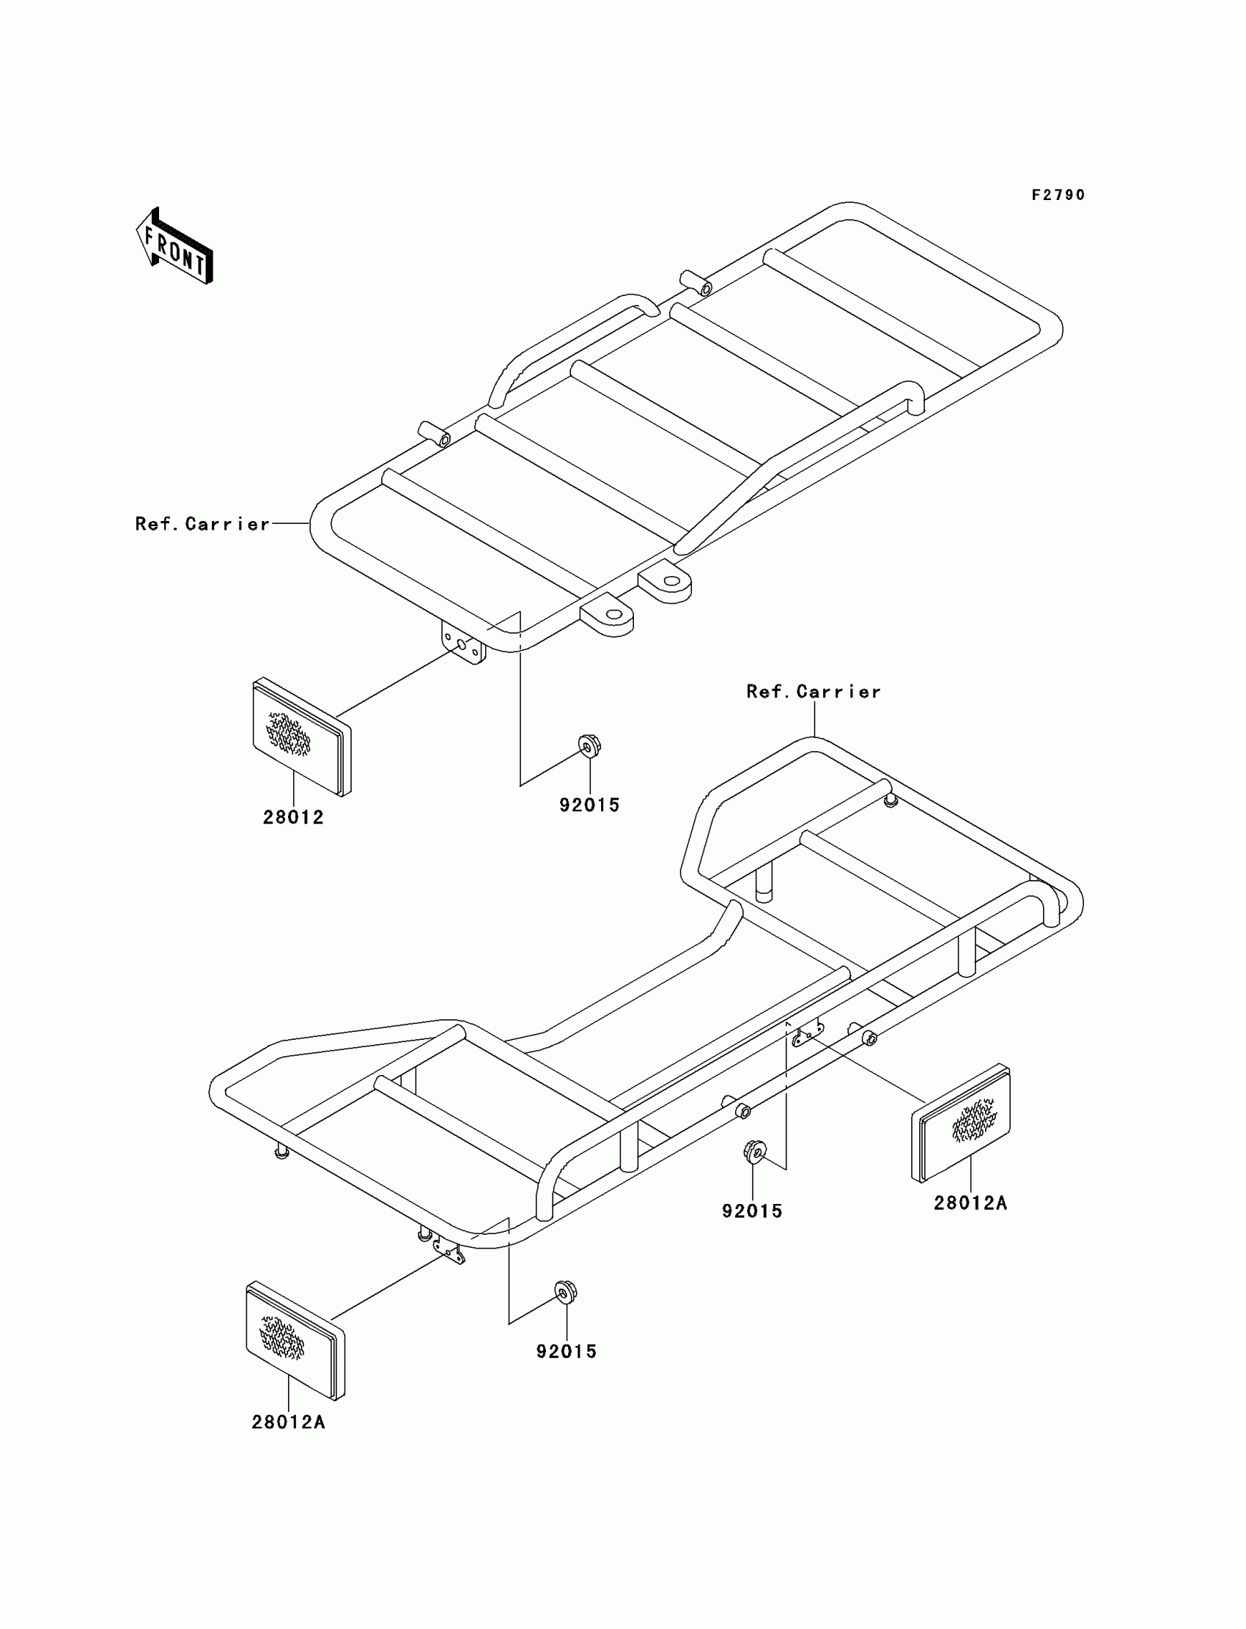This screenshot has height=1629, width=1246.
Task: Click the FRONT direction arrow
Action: [x=175, y=247]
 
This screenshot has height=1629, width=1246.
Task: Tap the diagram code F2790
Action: [x=1058, y=195]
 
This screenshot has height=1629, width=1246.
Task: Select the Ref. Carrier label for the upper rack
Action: [x=202, y=524]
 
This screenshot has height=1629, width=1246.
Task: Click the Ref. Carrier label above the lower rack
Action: [x=814, y=692]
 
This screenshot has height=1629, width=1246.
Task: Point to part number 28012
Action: [x=293, y=817]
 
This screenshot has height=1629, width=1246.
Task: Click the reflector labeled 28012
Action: [x=301, y=737]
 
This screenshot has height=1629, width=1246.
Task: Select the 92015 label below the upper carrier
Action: [x=589, y=805]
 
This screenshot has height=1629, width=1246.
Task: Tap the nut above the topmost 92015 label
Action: [x=589, y=745]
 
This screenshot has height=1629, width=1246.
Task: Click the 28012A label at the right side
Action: [x=970, y=1203]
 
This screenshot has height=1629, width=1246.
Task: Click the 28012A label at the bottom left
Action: [x=289, y=1422]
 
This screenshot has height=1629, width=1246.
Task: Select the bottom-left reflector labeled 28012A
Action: [x=295, y=1340]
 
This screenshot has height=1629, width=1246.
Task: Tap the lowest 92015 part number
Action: [x=567, y=1352]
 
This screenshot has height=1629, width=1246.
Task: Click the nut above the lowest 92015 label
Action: [x=566, y=1293]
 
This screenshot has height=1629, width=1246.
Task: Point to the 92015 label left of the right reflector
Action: [x=752, y=1211]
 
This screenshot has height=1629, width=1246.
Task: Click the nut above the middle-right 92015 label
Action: [x=754, y=1151]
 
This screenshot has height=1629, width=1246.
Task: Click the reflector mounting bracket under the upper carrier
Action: [x=462, y=642]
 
